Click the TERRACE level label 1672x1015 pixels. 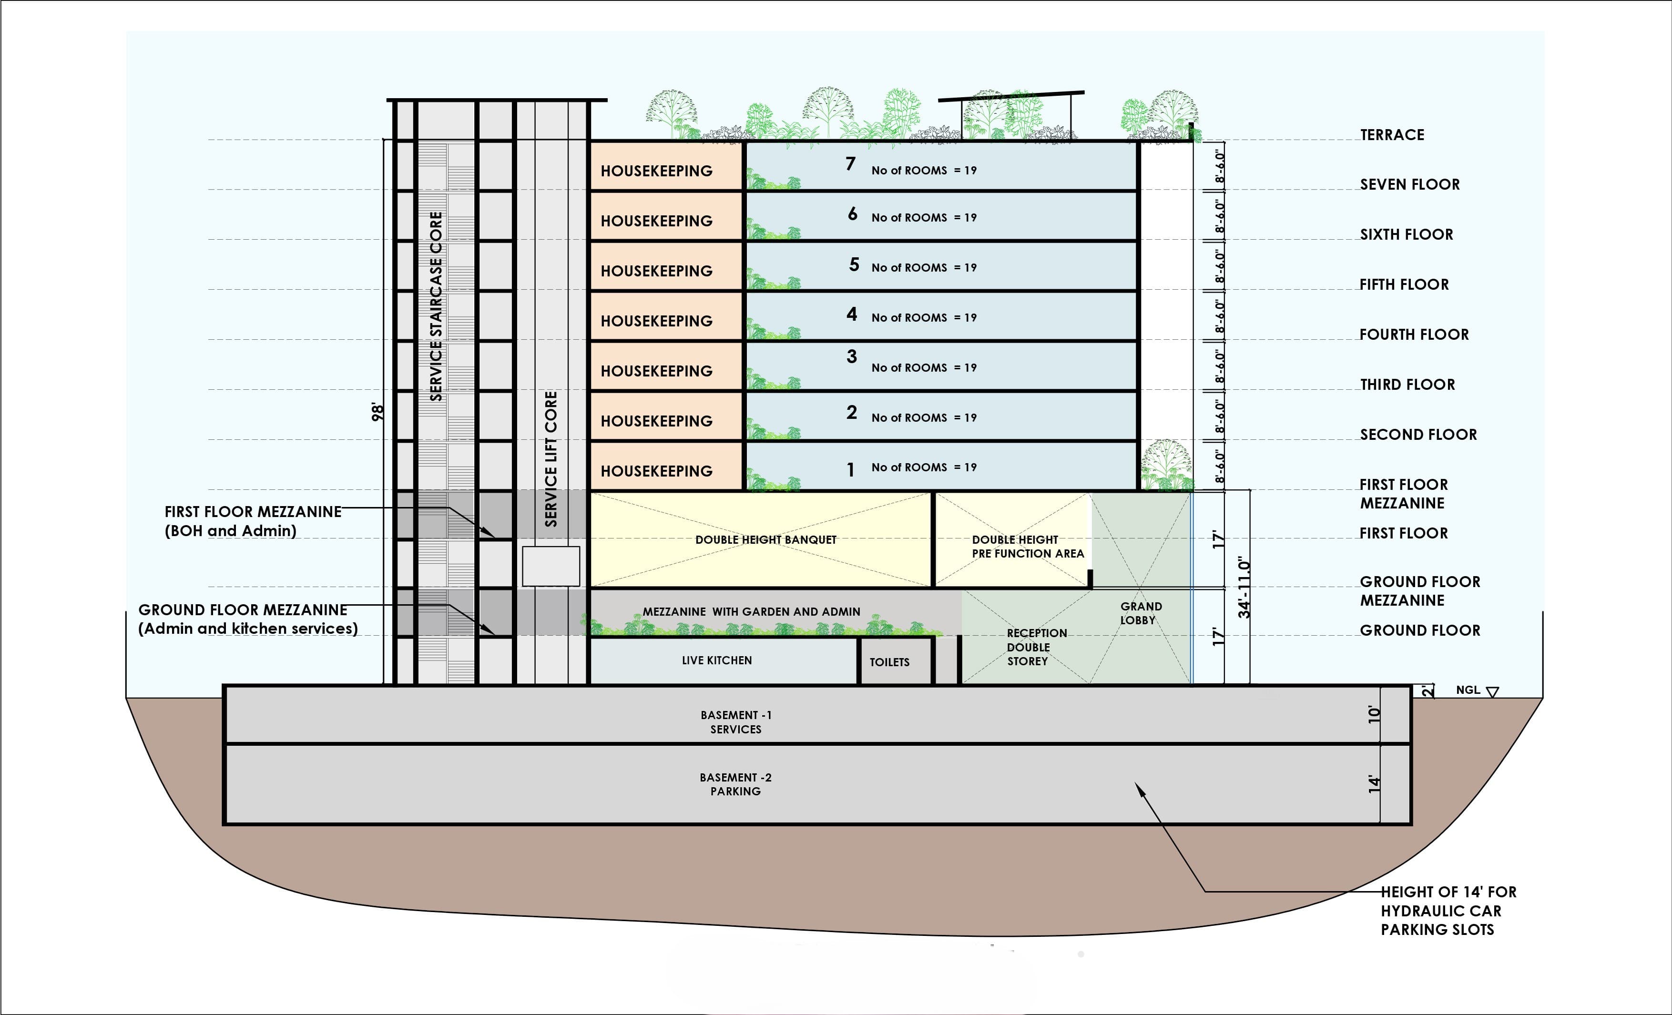(1392, 135)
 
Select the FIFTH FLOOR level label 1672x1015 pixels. (1404, 284)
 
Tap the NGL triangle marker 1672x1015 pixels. (1492, 692)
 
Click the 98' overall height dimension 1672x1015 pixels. (378, 412)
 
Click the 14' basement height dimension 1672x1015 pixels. (1374, 783)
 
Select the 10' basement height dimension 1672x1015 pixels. (1374, 714)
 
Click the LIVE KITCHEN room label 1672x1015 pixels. (716, 660)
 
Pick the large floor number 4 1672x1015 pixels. (852, 314)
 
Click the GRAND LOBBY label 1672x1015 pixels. (1141, 613)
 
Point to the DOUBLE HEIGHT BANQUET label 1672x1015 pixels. (765, 539)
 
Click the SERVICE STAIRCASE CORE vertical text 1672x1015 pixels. (436, 306)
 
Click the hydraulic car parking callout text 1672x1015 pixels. (1448, 911)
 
